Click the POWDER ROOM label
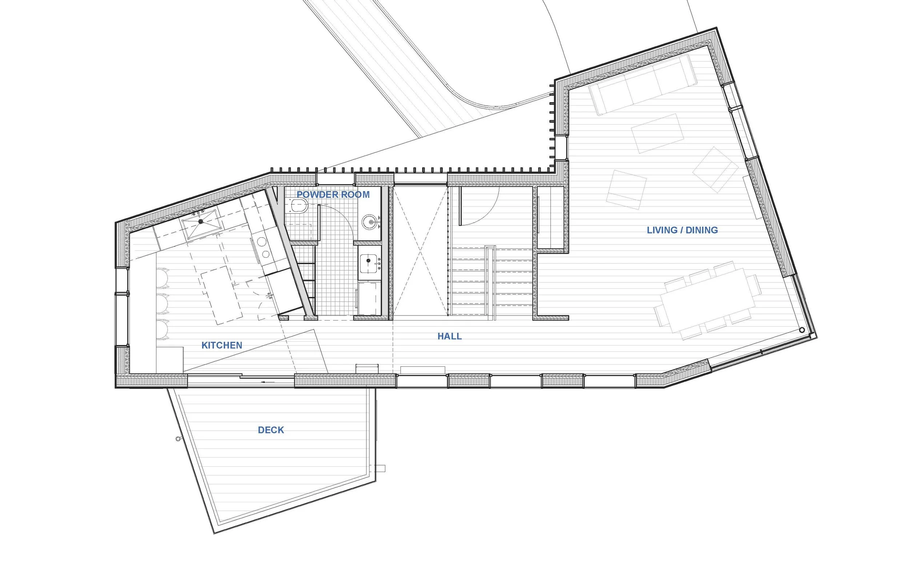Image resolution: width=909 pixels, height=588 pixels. click(333, 195)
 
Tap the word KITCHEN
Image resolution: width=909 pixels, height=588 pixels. click(221, 345)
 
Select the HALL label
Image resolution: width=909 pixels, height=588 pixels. click(449, 337)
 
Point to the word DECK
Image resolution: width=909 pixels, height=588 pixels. click(271, 430)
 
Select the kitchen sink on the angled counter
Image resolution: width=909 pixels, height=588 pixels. click(200, 221)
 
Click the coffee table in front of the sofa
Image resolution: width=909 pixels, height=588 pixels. click(657, 133)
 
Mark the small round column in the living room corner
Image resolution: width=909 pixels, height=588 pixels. click(802, 330)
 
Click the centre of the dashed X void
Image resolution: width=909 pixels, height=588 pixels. click(420, 251)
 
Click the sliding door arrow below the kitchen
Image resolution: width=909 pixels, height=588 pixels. click(264, 382)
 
